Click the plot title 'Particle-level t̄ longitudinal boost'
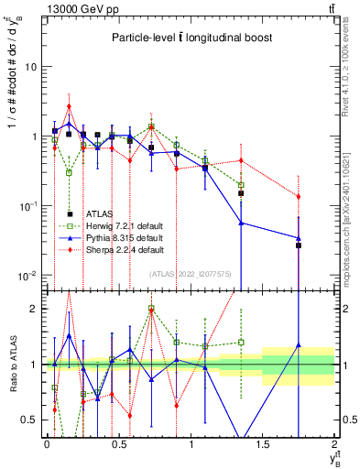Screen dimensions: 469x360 [189, 38]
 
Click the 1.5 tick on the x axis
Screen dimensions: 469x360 [262, 444]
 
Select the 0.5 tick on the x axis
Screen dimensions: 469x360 [118, 444]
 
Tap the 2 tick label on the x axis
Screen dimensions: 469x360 [334, 444]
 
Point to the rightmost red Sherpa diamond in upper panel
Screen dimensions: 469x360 [299, 196]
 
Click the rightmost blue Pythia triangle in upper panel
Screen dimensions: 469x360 [299, 238]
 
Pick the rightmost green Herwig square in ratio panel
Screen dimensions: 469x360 [241, 343]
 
